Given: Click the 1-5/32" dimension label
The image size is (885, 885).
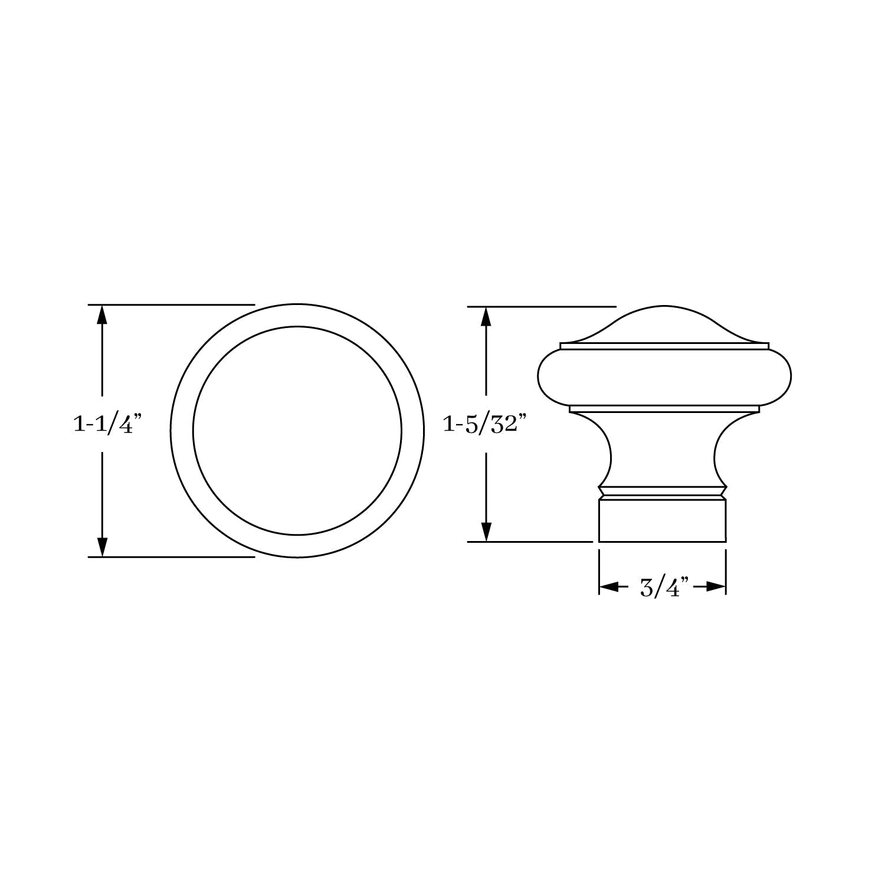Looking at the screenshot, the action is [484, 424].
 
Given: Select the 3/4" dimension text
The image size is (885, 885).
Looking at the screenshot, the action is [664, 588].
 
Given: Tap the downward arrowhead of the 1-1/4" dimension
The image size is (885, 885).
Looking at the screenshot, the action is [103, 546].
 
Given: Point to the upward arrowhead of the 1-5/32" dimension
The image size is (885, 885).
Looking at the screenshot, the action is [486, 317].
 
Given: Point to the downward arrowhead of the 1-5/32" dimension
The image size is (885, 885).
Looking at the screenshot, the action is [486, 532].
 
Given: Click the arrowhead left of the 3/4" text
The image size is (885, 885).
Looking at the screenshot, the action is [609, 587].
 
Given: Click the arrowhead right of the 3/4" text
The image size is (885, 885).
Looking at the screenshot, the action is [715, 587].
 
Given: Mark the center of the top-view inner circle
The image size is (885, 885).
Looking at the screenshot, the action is [297, 431].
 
